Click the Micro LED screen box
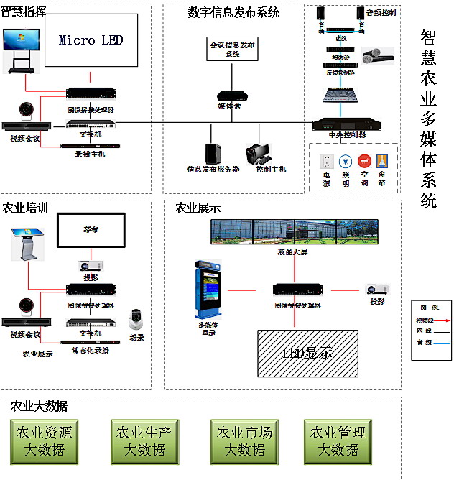pyautogui.click(x=91, y=41)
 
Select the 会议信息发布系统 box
pyautogui.click(x=231, y=49)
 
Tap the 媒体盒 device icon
pyautogui.click(x=231, y=95)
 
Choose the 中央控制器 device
pyautogui.click(x=348, y=124)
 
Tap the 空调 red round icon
pyautogui.click(x=363, y=162)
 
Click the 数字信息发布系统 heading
pyautogui.click(x=233, y=12)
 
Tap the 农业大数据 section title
pyautogui.click(x=40, y=407)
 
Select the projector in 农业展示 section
pyautogui.click(x=377, y=290)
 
